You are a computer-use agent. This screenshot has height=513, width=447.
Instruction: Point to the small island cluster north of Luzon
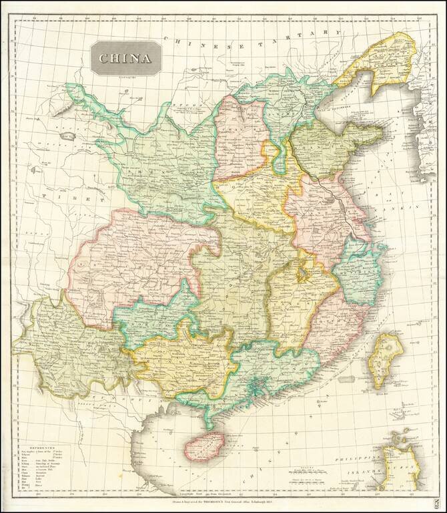400,438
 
